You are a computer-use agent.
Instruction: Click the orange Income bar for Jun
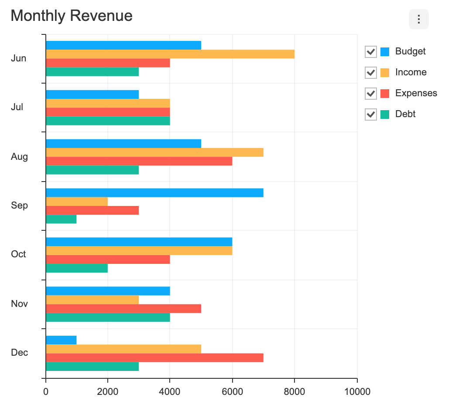click(x=170, y=54)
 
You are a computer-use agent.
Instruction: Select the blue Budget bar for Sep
click(x=154, y=193)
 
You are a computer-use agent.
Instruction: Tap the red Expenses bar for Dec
click(x=154, y=358)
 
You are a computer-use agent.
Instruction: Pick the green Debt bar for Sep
click(x=61, y=219)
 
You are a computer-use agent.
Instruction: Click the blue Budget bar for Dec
click(x=61, y=340)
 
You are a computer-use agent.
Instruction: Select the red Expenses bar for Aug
click(x=139, y=161)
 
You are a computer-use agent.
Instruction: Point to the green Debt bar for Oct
click(x=77, y=268)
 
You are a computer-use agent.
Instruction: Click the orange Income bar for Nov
click(x=92, y=300)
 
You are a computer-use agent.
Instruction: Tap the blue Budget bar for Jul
click(x=92, y=94)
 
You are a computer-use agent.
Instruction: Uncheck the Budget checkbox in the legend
click(x=370, y=52)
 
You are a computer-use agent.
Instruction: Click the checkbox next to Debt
click(x=370, y=115)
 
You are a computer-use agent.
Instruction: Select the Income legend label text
click(x=411, y=72)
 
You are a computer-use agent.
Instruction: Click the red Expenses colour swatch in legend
click(x=384, y=94)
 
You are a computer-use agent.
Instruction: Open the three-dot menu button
click(x=418, y=20)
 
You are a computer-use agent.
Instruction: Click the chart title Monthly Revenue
click(x=72, y=16)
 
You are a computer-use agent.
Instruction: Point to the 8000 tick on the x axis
click(x=294, y=391)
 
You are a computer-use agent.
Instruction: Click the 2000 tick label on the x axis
click(x=108, y=391)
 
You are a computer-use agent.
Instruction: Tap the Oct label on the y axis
click(x=19, y=254)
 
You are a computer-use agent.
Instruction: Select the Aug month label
click(x=19, y=157)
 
